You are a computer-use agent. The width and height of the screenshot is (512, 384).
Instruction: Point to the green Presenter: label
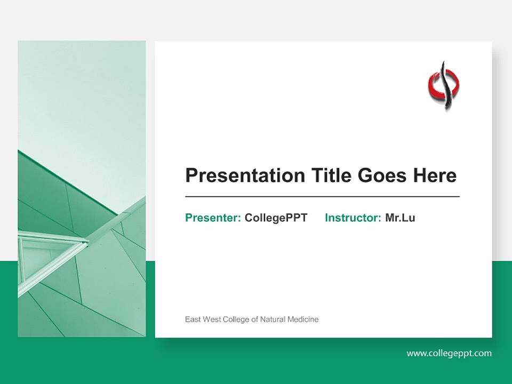point(213,218)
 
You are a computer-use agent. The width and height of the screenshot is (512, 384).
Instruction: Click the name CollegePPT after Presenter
point(276,218)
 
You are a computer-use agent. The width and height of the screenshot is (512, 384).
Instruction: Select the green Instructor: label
point(353,218)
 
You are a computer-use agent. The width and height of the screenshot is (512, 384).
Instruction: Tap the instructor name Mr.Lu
point(400,218)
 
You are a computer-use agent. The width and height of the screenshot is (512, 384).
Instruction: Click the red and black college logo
point(444,85)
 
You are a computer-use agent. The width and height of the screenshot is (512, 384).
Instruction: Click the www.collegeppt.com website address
point(449,353)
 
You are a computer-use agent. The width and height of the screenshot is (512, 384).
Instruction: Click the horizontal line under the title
point(322,197)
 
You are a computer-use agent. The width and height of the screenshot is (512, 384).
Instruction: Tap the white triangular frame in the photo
point(48,251)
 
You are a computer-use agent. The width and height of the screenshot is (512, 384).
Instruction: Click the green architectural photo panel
point(82,133)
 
